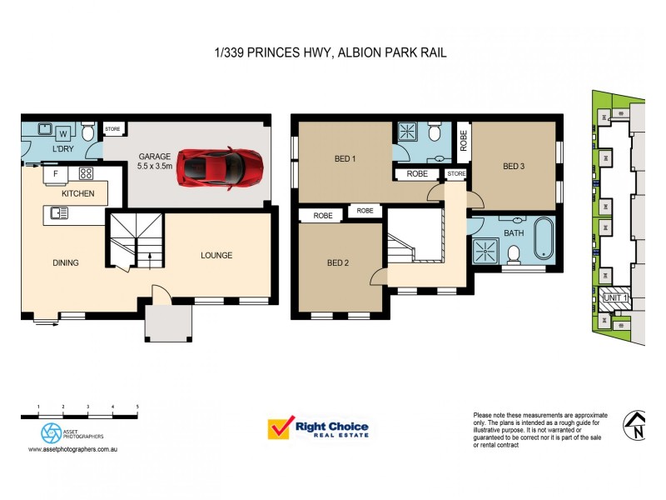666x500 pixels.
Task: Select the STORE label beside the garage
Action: click(x=112, y=130)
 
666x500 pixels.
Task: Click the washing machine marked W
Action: click(x=63, y=133)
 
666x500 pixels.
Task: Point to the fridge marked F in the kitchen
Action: click(x=56, y=174)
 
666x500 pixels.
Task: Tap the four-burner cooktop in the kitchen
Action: click(x=85, y=174)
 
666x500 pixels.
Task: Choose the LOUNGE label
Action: click(x=216, y=255)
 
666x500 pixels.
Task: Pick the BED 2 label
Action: click(x=337, y=263)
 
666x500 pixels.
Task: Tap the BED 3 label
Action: click(x=514, y=166)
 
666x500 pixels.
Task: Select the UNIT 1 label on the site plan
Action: click(x=614, y=297)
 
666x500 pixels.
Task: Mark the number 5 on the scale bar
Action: click(x=137, y=405)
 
